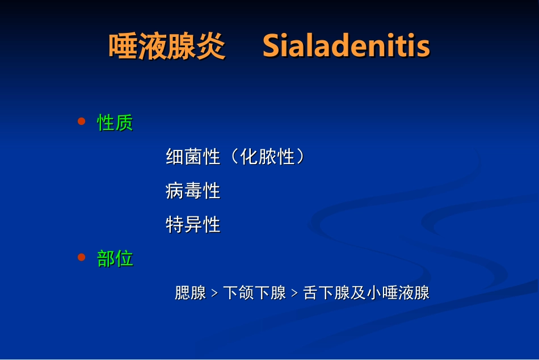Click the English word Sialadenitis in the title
pyautogui.click(x=346, y=47)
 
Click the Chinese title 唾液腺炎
pyautogui.click(x=167, y=47)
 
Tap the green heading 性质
pyautogui.click(x=115, y=122)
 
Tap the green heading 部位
pyautogui.click(x=115, y=258)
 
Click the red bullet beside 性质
pyautogui.click(x=81, y=122)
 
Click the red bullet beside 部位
pyautogui.click(x=81, y=258)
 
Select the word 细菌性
pyautogui.click(x=193, y=157)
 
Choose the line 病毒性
pyautogui.click(x=193, y=191)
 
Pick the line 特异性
pyautogui.click(x=193, y=225)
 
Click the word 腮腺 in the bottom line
pyautogui.click(x=190, y=293)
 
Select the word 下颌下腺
pyautogui.click(x=254, y=293)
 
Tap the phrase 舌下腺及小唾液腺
pyautogui.click(x=366, y=293)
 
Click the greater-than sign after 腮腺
pyautogui.click(x=214, y=294)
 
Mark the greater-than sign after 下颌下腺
pyautogui.click(x=294, y=294)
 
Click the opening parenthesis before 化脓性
pyautogui.click(x=234, y=157)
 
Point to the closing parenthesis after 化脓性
pyautogui.click(x=301, y=157)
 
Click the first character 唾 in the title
pyautogui.click(x=123, y=47)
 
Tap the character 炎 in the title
pyautogui.click(x=211, y=47)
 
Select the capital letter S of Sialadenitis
pyautogui.click(x=272, y=47)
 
